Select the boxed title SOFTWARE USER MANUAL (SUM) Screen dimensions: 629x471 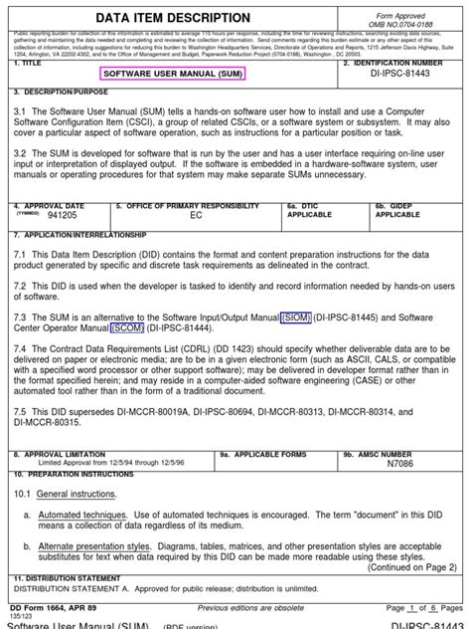tap(173, 74)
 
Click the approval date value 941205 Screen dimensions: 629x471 tap(62, 214)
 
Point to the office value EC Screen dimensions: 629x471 tap(196, 215)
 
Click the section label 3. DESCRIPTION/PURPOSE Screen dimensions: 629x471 tap(57, 90)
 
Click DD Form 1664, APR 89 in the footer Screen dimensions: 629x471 tap(54, 607)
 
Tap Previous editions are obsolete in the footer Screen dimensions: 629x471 tap(250, 607)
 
